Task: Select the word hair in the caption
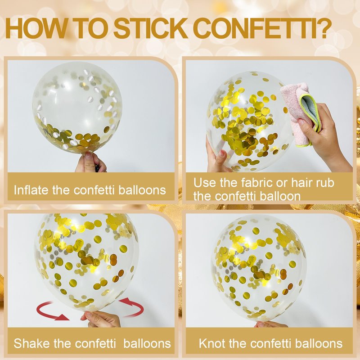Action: pos(302,183)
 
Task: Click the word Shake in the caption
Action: pos(31,343)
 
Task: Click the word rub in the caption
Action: pos(325,183)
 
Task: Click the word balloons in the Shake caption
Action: pos(147,343)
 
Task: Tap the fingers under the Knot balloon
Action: pos(271,324)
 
